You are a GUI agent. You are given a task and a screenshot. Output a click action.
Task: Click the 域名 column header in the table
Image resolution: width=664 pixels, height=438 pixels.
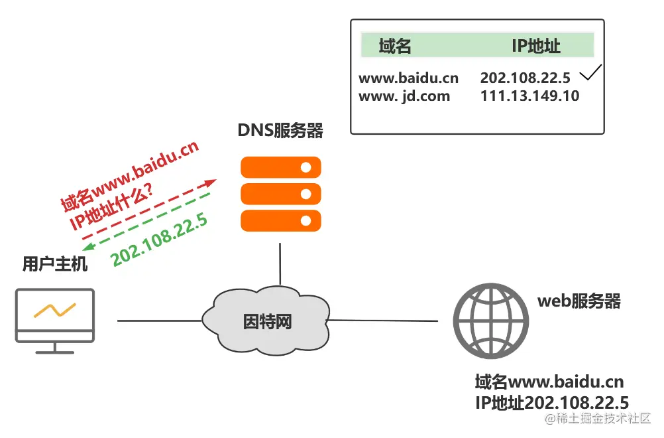pos(395,46)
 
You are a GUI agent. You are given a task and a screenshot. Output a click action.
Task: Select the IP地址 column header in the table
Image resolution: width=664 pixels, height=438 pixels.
pos(535,46)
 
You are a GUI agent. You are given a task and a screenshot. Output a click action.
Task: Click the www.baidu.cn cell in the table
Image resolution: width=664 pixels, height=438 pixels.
pos(408,78)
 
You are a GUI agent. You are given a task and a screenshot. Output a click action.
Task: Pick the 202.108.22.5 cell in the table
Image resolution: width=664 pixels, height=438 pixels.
pos(525,78)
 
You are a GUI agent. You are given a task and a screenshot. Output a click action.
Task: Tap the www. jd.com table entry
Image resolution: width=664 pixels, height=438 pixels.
pos(404,96)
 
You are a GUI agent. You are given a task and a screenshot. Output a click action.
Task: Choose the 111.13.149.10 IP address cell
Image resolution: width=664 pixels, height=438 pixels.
pos(529,96)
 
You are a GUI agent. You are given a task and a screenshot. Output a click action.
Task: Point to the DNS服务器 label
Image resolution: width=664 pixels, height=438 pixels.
pos(280,131)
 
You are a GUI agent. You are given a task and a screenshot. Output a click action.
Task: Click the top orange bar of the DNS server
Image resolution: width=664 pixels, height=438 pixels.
pos(280,167)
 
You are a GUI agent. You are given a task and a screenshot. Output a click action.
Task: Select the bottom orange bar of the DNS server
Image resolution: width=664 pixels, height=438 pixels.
pos(280,220)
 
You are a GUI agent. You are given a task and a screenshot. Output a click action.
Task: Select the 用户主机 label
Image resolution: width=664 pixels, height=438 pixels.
pos(54,265)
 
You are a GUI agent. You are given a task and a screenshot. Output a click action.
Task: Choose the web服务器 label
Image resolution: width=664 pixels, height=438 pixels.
pos(579,301)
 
